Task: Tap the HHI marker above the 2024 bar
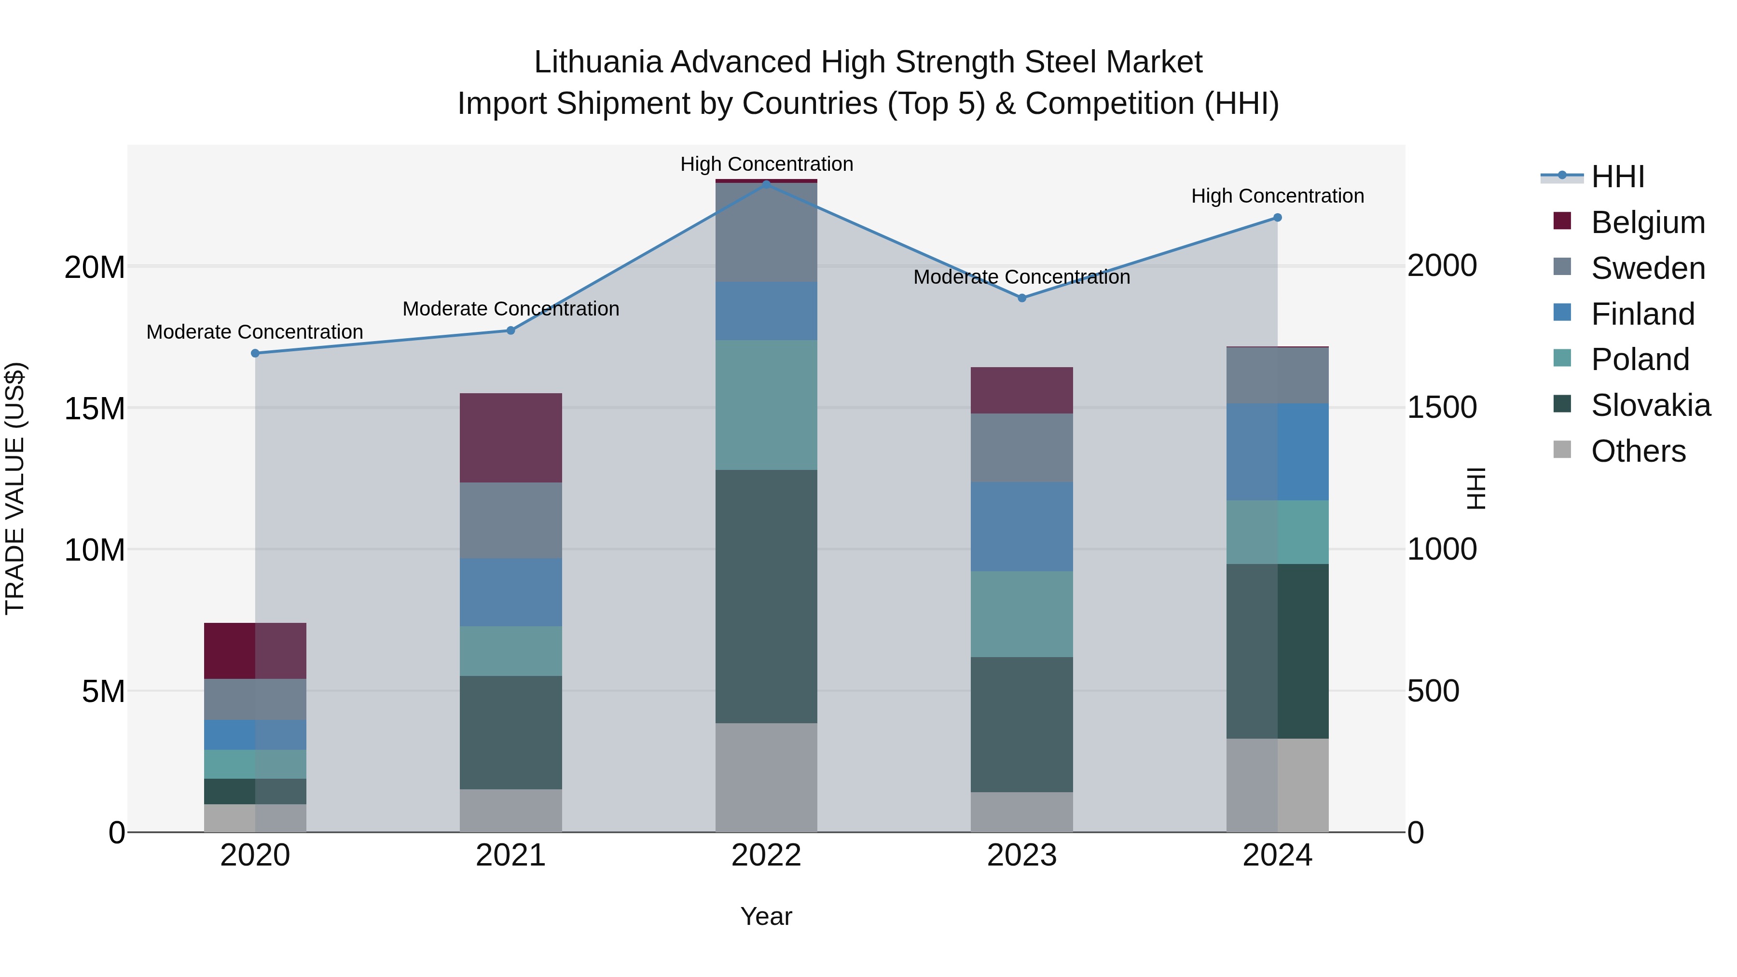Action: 1277,218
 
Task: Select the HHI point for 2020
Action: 255,353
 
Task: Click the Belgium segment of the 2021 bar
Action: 510,438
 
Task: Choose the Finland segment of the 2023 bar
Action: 1021,526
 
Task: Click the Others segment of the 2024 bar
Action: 1277,785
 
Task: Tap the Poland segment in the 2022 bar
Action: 766,405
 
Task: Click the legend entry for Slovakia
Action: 1650,405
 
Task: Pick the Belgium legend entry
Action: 1647,222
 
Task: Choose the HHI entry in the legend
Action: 1617,177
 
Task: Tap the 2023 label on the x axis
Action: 1021,855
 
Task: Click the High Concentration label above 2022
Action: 767,164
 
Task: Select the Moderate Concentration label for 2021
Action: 510,309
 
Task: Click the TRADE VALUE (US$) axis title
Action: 15,488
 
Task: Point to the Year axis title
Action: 766,916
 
